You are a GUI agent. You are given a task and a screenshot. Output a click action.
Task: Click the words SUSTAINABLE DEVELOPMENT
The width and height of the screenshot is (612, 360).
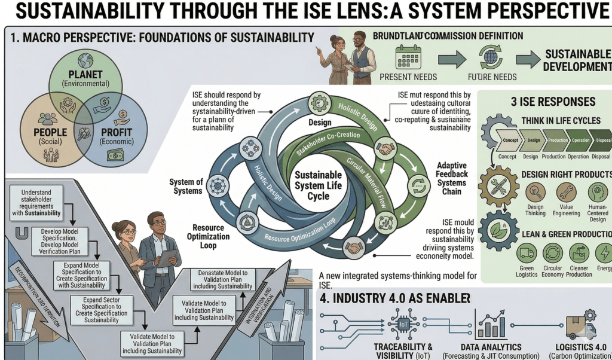coord(577,60)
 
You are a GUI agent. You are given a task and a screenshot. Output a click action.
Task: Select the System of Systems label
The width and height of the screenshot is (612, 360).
coord(186,187)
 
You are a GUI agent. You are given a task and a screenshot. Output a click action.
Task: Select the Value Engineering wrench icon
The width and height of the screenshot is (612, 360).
coord(565,193)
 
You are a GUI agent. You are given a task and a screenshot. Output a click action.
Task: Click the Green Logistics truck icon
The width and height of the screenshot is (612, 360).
coord(527,253)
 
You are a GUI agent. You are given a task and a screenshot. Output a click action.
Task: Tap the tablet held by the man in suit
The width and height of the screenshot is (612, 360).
coord(167,258)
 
